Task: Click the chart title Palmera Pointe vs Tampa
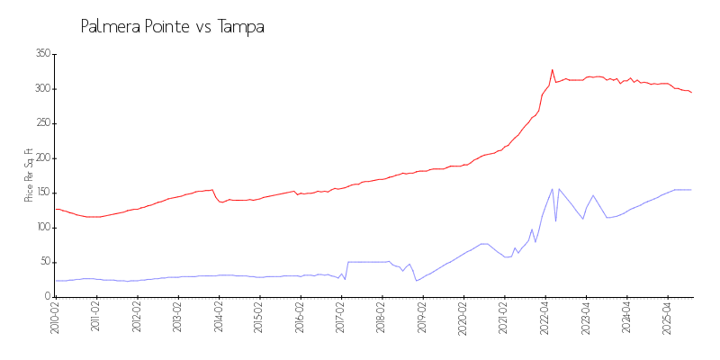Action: [x=172, y=27]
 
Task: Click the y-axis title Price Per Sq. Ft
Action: [x=29, y=175]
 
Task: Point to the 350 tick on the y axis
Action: [x=41, y=54]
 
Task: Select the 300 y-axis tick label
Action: [x=41, y=89]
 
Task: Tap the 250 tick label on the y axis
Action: [x=41, y=123]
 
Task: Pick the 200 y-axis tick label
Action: [x=41, y=158]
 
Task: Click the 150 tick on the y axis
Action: [x=41, y=193]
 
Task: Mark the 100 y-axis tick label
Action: [x=41, y=228]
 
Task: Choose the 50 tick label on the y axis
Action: [x=43, y=262]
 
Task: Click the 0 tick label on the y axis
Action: [x=46, y=297]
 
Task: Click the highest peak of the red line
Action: [x=552, y=69]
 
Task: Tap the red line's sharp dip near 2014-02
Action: [x=221, y=202]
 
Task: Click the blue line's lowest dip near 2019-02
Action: [x=416, y=281]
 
